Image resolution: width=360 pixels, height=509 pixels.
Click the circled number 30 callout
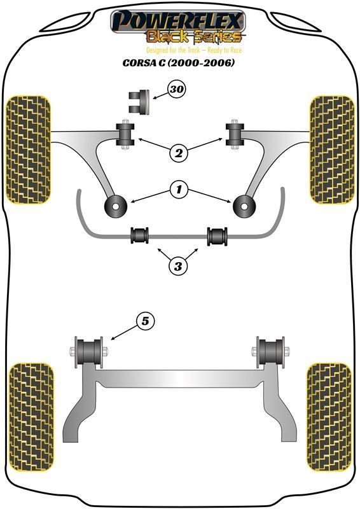tap(176, 89)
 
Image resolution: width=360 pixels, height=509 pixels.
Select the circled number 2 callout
tap(179, 153)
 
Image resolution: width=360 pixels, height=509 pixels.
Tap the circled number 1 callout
tap(179, 189)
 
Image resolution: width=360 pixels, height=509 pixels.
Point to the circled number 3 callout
tap(178, 267)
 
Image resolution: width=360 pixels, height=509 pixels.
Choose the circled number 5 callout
tap(145, 321)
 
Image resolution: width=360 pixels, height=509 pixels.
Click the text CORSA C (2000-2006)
tap(178, 62)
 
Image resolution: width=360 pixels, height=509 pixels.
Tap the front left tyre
tap(28, 150)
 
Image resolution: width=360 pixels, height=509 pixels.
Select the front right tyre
tap(332, 150)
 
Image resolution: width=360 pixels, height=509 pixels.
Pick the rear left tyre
tap(31, 417)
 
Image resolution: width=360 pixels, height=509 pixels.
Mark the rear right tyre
tap(329, 417)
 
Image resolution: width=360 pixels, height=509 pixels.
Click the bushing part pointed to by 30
tap(139, 102)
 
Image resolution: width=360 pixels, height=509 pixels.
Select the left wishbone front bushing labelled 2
tap(125, 135)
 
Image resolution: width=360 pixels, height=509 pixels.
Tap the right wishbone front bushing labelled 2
tap(234, 135)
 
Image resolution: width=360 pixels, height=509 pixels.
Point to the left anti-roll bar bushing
tap(139, 235)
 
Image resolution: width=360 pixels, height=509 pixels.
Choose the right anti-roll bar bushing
tap(217, 236)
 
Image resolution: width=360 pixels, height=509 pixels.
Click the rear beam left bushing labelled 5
tap(88, 352)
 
